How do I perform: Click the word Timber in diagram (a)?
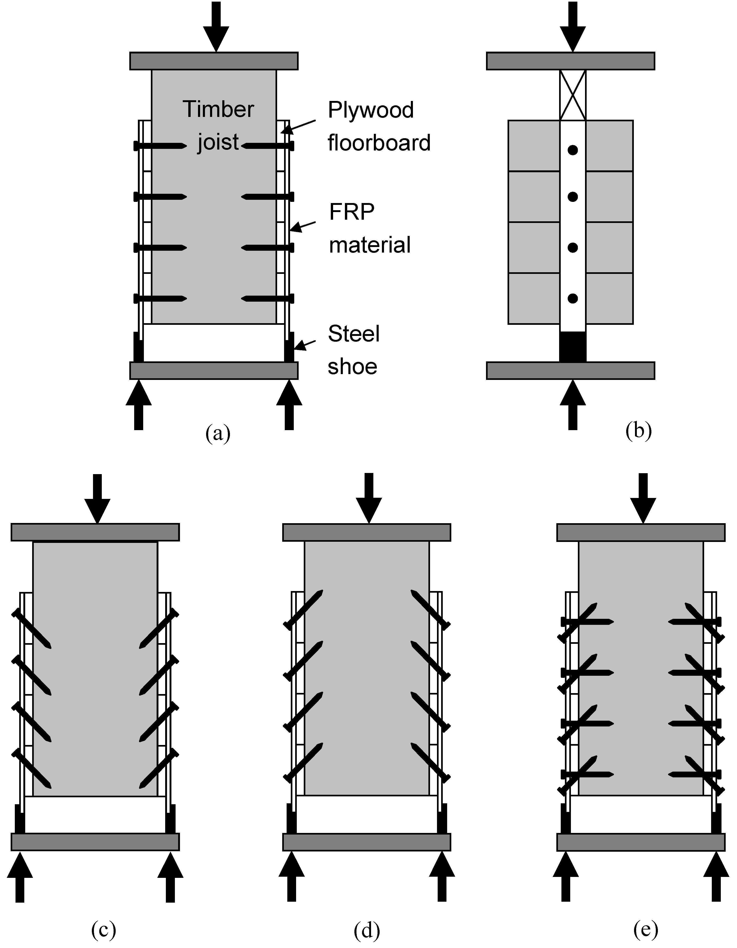point(218,109)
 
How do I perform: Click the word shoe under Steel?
point(352,367)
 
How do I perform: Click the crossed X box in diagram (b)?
point(573,95)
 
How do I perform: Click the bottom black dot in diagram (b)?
point(573,298)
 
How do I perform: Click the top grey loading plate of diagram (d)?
point(367,532)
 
